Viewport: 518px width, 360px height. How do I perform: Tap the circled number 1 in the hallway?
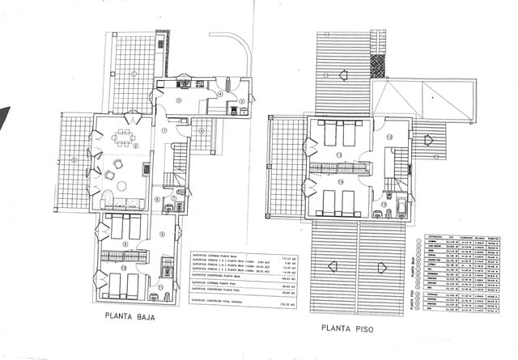point(164,129)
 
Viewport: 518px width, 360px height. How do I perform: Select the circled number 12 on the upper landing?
point(388,138)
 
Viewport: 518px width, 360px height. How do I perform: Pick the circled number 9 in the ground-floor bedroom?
point(125,243)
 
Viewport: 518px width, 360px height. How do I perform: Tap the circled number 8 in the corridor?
point(162,235)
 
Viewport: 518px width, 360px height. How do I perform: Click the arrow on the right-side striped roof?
point(428,138)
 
